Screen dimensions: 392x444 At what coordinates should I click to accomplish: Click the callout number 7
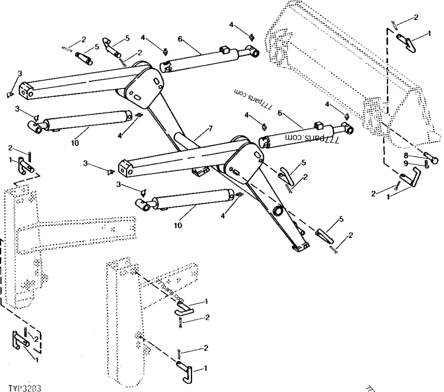click(210, 128)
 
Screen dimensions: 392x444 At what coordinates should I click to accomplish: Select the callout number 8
click(406, 156)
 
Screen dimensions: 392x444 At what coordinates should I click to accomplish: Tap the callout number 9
click(406, 163)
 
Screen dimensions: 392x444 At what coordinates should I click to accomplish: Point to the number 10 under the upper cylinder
click(75, 143)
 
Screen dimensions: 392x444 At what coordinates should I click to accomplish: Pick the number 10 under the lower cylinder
click(177, 226)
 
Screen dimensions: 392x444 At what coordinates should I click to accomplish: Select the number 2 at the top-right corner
click(416, 18)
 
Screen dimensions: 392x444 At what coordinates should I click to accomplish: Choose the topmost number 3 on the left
click(20, 73)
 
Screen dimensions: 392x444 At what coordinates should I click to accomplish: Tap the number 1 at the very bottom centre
click(206, 368)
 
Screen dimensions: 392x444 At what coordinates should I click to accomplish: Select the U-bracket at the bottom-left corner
click(19, 340)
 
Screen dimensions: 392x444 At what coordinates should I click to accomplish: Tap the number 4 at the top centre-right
click(231, 25)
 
